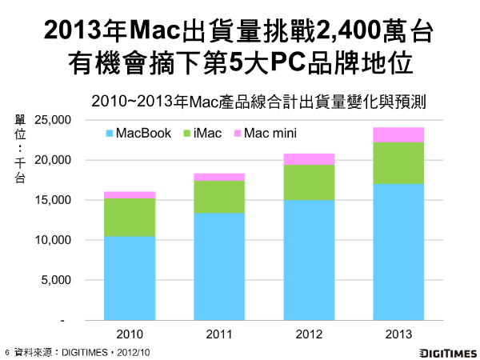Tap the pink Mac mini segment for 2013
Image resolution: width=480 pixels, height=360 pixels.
pos(397,134)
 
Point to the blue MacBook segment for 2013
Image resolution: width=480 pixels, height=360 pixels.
pos(397,252)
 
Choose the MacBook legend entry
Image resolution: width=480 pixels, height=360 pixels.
pos(138,133)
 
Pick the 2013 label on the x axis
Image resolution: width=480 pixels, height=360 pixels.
pos(397,333)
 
